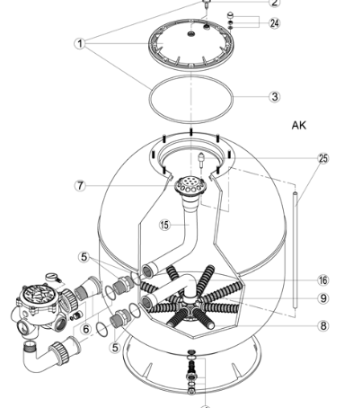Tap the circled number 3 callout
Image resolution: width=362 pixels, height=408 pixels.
(x=275, y=95)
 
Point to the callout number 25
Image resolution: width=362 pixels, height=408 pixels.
(x=322, y=158)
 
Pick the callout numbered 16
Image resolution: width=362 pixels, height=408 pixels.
(x=322, y=280)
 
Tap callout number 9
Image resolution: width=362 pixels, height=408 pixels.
(x=322, y=298)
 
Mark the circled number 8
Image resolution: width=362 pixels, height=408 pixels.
(x=322, y=325)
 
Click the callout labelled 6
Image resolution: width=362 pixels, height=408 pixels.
(x=87, y=330)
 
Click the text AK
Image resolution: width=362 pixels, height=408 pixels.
(x=299, y=126)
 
